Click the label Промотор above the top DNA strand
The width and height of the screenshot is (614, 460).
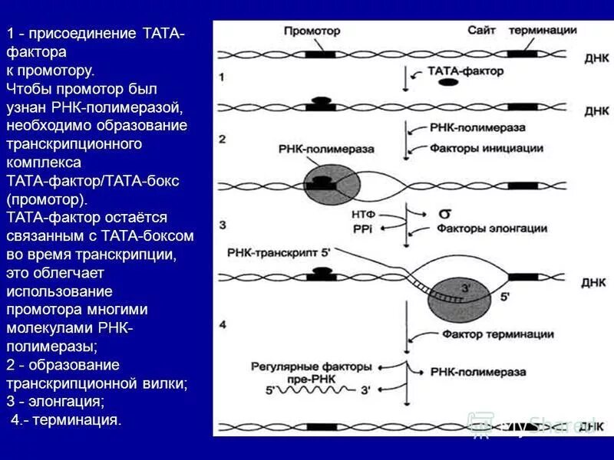coord(312,31)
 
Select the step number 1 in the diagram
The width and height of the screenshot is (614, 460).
coord(222,77)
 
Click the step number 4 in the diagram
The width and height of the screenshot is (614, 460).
coord(223,325)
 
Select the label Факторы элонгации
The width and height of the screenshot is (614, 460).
coord(492,228)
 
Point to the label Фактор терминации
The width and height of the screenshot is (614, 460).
coord(487,334)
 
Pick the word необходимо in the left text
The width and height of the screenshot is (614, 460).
coord(52,125)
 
